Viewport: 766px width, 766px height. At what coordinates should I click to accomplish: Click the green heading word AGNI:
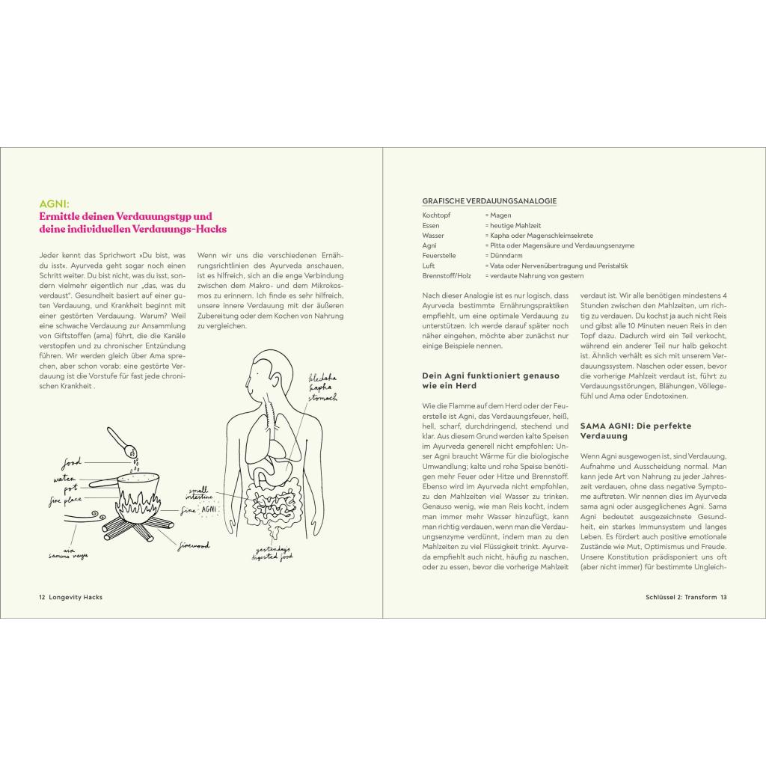pos(54,203)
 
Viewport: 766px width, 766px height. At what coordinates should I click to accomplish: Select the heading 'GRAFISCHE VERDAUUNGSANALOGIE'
pos(489,200)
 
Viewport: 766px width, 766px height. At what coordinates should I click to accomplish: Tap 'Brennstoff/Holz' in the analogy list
pos(447,275)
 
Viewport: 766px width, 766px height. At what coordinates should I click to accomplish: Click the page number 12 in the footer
pos(42,597)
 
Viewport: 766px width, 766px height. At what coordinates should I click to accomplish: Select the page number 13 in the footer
pos(724,597)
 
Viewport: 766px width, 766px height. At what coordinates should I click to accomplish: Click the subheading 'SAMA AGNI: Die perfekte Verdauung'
pos(625,430)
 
